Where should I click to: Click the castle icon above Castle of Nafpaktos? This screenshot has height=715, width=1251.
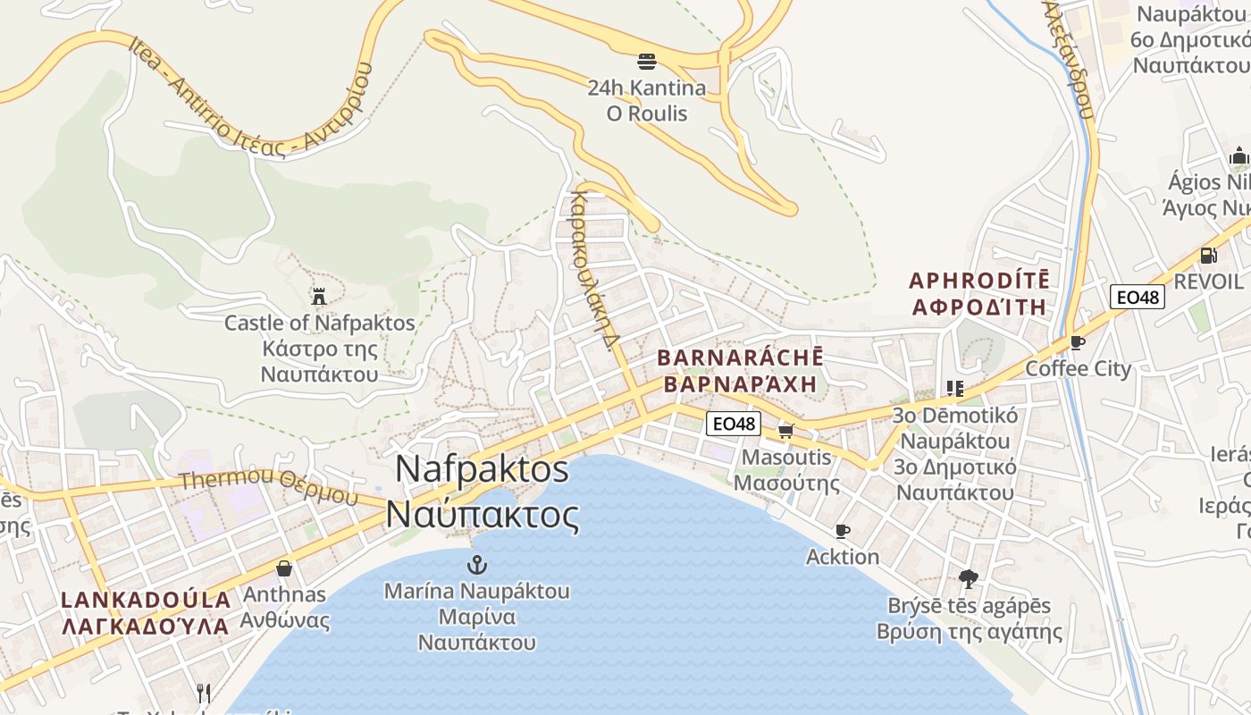pyautogui.click(x=318, y=296)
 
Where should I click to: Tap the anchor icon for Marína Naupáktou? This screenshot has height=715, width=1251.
pyautogui.click(x=477, y=565)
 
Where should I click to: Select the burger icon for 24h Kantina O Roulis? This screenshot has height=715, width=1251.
pyautogui.click(x=647, y=62)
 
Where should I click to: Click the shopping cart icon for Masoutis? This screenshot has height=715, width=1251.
pyautogui.click(x=786, y=431)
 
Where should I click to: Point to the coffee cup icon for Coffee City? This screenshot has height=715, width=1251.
pyautogui.click(x=1078, y=342)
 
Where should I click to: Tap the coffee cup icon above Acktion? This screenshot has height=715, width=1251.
pyautogui.click(x=842, y=531)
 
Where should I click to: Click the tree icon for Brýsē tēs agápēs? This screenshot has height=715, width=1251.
pyautogui.click(x=968, y=579)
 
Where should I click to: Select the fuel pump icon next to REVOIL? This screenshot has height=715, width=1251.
pyautogui.click(x=1208, y=256)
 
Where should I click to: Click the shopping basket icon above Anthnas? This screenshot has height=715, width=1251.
pyautogui.click(x=284, y=568)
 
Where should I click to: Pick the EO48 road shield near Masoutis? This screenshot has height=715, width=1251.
pyautogui.click(x=734, y=424)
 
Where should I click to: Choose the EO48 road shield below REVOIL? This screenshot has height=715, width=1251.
pyautogui.click(x=1138, y=297)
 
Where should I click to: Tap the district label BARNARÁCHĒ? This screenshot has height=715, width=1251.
pyautogui.click(x=739, y=357)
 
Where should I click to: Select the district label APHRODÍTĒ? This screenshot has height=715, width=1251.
pyautogui.click(x=979, y=281)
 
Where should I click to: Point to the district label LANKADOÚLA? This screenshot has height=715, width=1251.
pyautogui.click(x=146, y=599)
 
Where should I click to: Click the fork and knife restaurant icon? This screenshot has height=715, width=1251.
pyautogui.click(x=204, y=693)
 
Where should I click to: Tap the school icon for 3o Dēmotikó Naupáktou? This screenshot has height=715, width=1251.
pyautogui.click(x=954, y=389)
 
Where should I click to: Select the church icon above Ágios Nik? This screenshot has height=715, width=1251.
pyautogui.click(x=1238, y=156)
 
